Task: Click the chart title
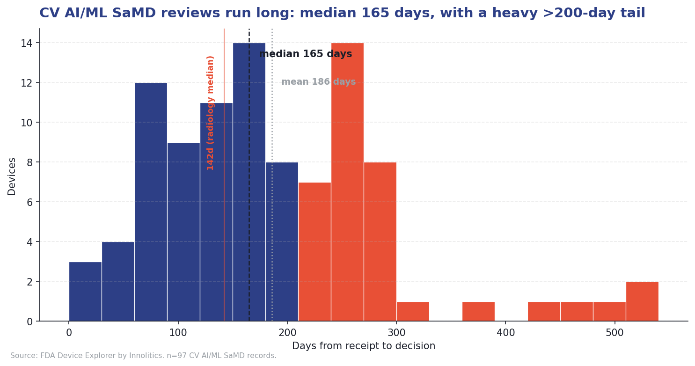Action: (x=342, y=13)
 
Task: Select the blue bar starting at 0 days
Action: (x=85, y=292)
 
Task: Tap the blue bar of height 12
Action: (x=151, y=202)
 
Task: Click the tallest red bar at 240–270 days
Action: (x=347, y=182)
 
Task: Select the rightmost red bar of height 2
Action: (x=642, y=301)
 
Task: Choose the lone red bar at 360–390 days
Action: (x=478, y=312)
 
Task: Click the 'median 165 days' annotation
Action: (x=305, y=54)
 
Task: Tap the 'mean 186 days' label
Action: (x=318, y=82)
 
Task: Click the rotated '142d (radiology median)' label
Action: (x=211, y=112)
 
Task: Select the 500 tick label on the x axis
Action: (x=615, y=333)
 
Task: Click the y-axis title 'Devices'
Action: (x=12, y=176)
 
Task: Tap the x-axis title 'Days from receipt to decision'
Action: (x=364, y=346)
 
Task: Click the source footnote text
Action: (x=143, y=356)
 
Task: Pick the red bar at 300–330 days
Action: (x=413, y=312)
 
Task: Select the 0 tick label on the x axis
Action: (x=69, y=333)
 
